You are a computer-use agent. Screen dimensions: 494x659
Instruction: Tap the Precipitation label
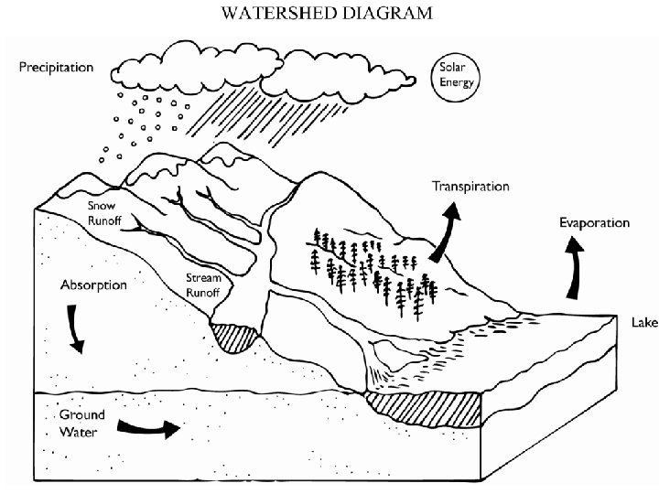(x=57, y=68)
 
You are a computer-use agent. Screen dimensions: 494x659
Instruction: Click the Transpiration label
(x=470, y=187)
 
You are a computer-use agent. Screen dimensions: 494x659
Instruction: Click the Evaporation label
(x=594, y=222)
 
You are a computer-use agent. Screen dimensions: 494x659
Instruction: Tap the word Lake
(x=643, y=322)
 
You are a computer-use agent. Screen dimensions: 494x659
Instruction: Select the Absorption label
(x=93, y=285)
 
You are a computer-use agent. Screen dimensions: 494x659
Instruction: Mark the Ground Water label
(x=82, y=422)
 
